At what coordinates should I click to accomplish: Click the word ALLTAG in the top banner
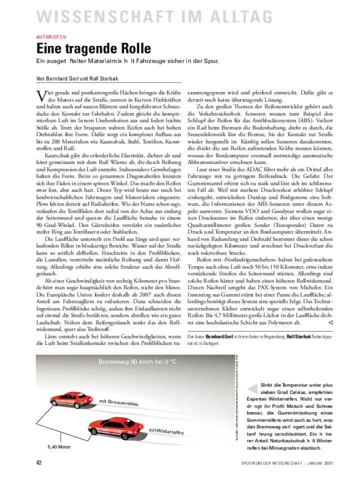pyautogui.click(x=237, y=16)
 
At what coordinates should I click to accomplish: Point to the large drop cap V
pyautogui.click(x=41, y=95)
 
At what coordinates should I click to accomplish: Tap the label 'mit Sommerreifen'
pyautogui.click(x=119, y=402)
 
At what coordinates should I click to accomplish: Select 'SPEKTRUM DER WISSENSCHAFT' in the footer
pyautogui.click(x=270, y=462)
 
